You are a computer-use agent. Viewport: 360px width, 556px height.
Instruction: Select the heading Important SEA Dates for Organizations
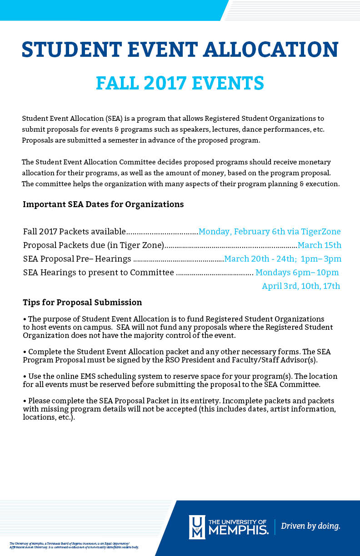103,204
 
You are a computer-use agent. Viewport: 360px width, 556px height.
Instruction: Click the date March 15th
319,245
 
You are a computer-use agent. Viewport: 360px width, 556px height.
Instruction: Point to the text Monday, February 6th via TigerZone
270,232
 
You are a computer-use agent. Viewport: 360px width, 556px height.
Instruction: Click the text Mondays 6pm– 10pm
297,273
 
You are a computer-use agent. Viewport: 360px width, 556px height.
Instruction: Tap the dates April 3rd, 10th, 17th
301,286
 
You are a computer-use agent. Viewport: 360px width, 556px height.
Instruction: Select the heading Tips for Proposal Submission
82,303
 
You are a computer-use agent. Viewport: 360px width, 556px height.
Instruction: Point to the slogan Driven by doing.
310,526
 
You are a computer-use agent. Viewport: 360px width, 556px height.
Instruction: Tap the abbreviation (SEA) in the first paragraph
115,119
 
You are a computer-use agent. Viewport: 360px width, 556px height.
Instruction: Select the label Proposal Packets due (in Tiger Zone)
93,245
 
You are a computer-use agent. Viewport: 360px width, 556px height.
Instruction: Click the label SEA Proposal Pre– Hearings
77,259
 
